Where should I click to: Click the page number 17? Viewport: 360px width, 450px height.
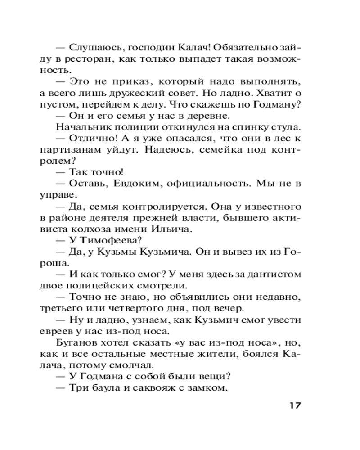pyautogui.click(x=295, y=405)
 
